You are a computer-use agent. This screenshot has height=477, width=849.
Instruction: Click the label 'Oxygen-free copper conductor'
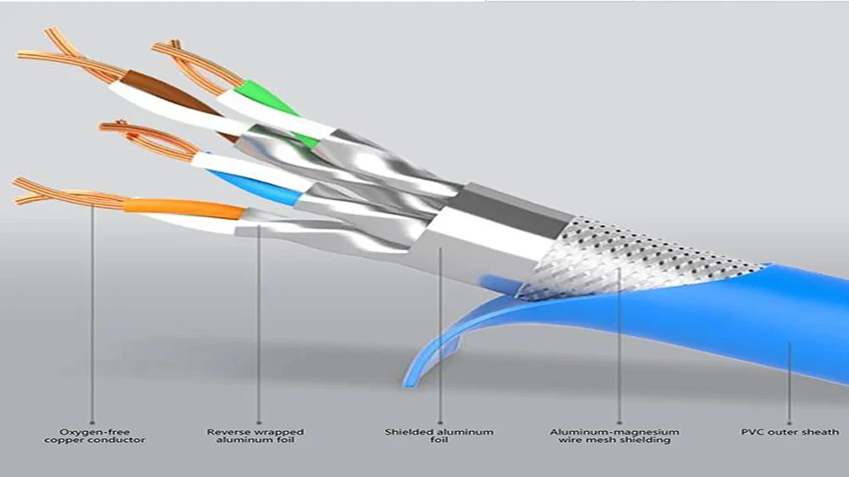click(x=95, y=436)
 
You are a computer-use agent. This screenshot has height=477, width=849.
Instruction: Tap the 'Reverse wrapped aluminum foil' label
click(x=256, y=436)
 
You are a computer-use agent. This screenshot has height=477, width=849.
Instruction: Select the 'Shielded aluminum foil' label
click(x=439, y=436)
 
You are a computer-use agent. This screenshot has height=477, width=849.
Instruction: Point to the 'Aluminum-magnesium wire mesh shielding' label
click(x=615, y=436)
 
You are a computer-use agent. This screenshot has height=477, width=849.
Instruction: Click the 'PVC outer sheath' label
click(x=790, y=432)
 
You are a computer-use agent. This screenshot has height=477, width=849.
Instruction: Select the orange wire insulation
click(x=184, y=209)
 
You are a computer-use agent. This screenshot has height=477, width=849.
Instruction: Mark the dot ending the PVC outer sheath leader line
click(x=790, y=423)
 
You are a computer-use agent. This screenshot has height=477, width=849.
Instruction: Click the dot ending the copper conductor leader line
click(x=92, y=423)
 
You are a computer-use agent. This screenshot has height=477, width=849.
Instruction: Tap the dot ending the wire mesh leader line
click(x=620, y=423)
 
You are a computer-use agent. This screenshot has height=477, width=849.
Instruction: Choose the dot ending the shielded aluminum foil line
click(x=440, y=423)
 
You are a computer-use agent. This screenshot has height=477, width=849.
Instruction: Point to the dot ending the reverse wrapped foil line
click(x=259, y=423)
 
